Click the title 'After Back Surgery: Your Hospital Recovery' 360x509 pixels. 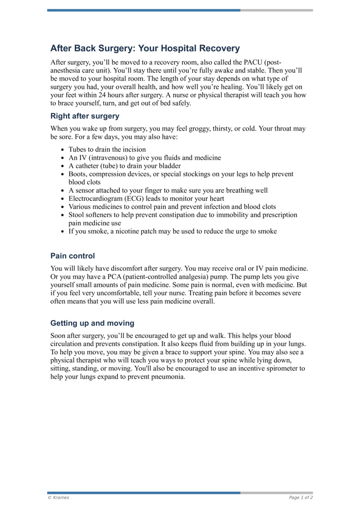tap(145, 48)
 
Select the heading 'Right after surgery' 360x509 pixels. tap(85, 116)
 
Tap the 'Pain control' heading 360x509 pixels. tap(72, 256)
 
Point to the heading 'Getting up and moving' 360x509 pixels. tap(92, 323)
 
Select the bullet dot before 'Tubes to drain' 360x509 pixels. tap(62, 149)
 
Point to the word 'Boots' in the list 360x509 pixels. tap(77, 174)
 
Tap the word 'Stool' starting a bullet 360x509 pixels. tap(77, 215)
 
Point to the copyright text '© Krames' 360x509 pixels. tap(58, 498)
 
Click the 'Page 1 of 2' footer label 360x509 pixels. tap(301, 498)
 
